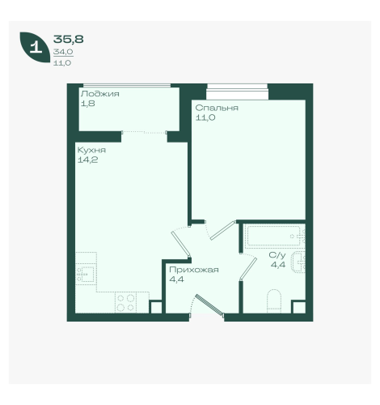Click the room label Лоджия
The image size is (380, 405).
click(100, 94)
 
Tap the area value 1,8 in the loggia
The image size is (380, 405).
click(88, 104)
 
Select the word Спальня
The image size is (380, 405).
click(217, 108)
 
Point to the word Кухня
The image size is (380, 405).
click(91, 150)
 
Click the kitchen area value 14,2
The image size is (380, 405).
click(87, 160)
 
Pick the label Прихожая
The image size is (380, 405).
click(194, 270)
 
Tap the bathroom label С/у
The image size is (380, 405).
click(277, 255)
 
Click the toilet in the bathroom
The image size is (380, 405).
click(274, 301)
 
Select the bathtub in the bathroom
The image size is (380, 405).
click(275, 237)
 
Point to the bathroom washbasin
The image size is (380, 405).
click(298, 262)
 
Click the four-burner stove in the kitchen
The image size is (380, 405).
click(126, 302)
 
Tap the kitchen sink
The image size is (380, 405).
click(86, 274)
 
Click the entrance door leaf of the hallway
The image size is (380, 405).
click(209, 305)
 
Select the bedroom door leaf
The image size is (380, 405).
click(222, 231)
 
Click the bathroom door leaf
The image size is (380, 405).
click(248, 268)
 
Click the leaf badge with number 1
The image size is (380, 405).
click(35, 47)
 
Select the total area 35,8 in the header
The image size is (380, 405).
click(69, 39)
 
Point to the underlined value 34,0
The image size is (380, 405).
click(63, 52)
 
